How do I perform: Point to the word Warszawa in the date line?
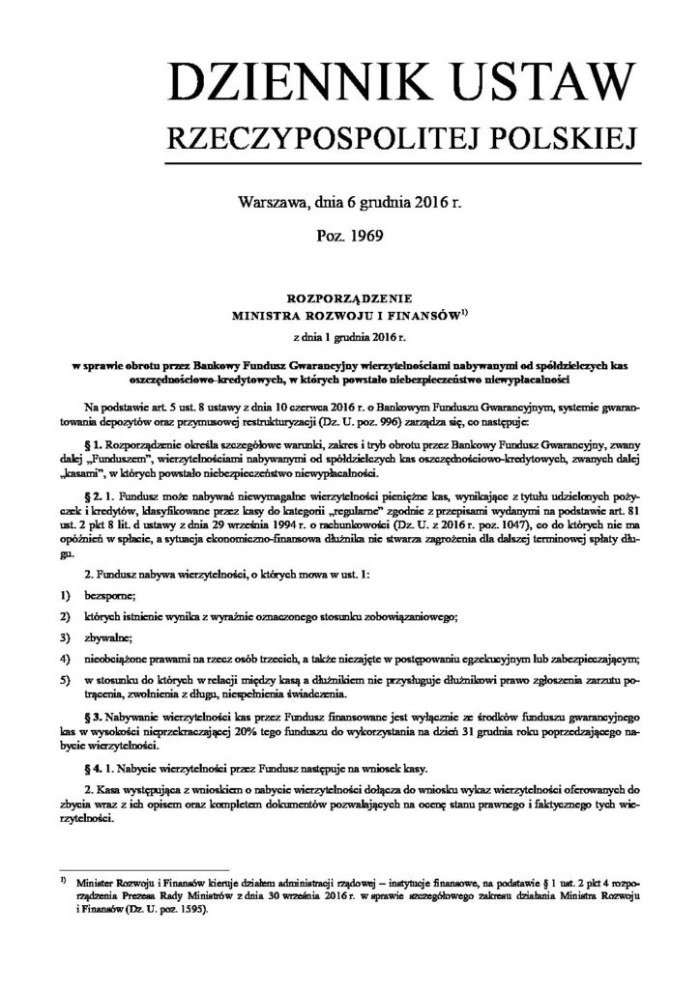pos(269,202)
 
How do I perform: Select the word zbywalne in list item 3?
pos(105,637)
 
